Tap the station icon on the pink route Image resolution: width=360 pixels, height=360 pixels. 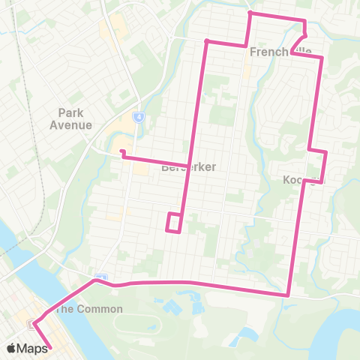(x=34, y=324)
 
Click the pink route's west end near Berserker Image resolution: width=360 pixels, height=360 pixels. (x=121, y=153)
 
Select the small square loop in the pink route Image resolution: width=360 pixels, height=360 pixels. (x=173, y=223)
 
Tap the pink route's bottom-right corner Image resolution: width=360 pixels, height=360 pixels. (x=289, y=295)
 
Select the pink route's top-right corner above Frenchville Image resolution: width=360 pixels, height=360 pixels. (x=304, y=19)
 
